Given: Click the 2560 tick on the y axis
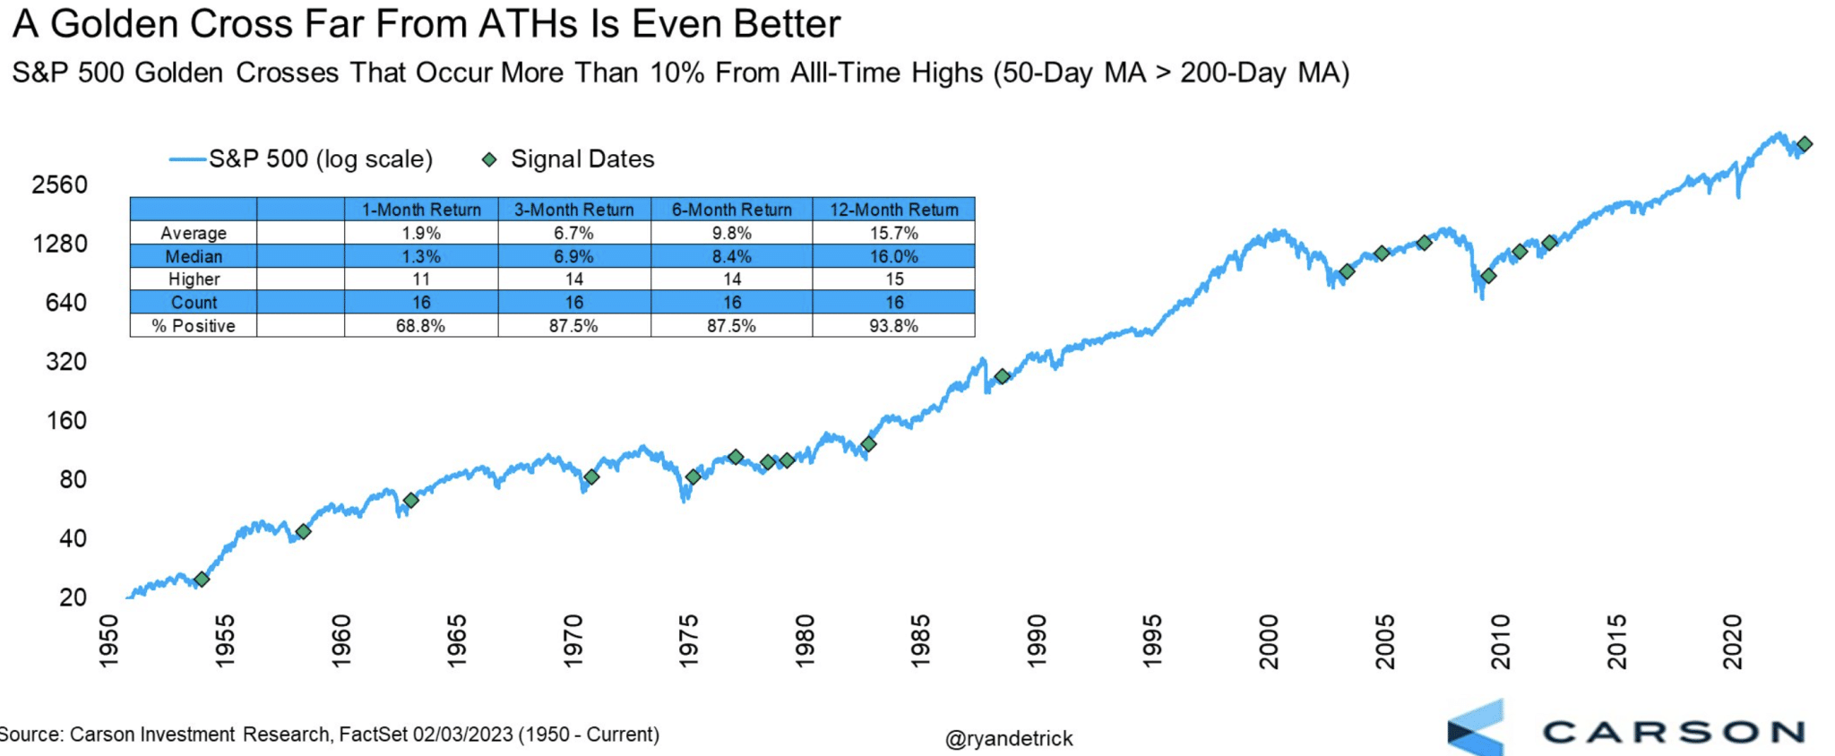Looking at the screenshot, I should [59, 185].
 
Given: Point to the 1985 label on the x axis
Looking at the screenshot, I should [921, 640].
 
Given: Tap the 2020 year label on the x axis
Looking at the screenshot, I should [1733, 641].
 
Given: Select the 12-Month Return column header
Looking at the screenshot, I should [893, 210].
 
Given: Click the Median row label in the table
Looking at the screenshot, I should [194, 256].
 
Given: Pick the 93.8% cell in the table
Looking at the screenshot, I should [893, 326].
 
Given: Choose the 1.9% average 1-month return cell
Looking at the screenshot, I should [421, 233].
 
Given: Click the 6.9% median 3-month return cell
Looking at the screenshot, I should [573, 256].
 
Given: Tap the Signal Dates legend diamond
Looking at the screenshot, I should [489, 159].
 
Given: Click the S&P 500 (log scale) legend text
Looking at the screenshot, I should [321, 159].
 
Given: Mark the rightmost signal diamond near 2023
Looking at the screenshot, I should [1805, 144].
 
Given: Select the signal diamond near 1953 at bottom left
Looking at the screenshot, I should [202, 580].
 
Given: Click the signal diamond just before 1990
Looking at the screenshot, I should [1003, 377].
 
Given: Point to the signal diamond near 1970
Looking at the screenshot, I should [591, 477].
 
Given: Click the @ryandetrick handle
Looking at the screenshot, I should [1008, 739].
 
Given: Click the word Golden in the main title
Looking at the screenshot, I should [114, 24].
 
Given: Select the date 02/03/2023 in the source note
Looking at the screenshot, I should [462, 735].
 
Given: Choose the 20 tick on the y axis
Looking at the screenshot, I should [73, 597].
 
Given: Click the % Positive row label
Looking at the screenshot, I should [194, 326].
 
